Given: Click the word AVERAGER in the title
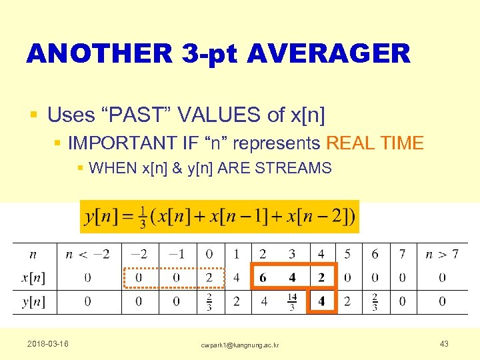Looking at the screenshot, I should [328, 53].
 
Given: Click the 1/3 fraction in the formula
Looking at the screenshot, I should [142, 217].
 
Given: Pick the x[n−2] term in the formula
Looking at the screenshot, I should [319, 217].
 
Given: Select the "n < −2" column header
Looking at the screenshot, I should [87, 254].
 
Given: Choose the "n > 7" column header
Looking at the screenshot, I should [441, 254].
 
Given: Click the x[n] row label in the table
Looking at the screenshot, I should [33, 277].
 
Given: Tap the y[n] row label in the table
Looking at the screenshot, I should [33, 301].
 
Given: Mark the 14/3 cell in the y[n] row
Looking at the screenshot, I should [291, 301].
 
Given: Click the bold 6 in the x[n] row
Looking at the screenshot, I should [263, 277].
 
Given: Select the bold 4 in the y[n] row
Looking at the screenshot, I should [321, 301].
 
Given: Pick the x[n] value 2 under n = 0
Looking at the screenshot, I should [209, 277].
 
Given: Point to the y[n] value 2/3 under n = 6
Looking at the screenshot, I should [374, 301].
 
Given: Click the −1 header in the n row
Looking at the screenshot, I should [176, 254].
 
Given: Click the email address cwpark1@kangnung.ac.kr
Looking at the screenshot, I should [239, 344].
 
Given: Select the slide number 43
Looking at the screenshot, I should [444, 343].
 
